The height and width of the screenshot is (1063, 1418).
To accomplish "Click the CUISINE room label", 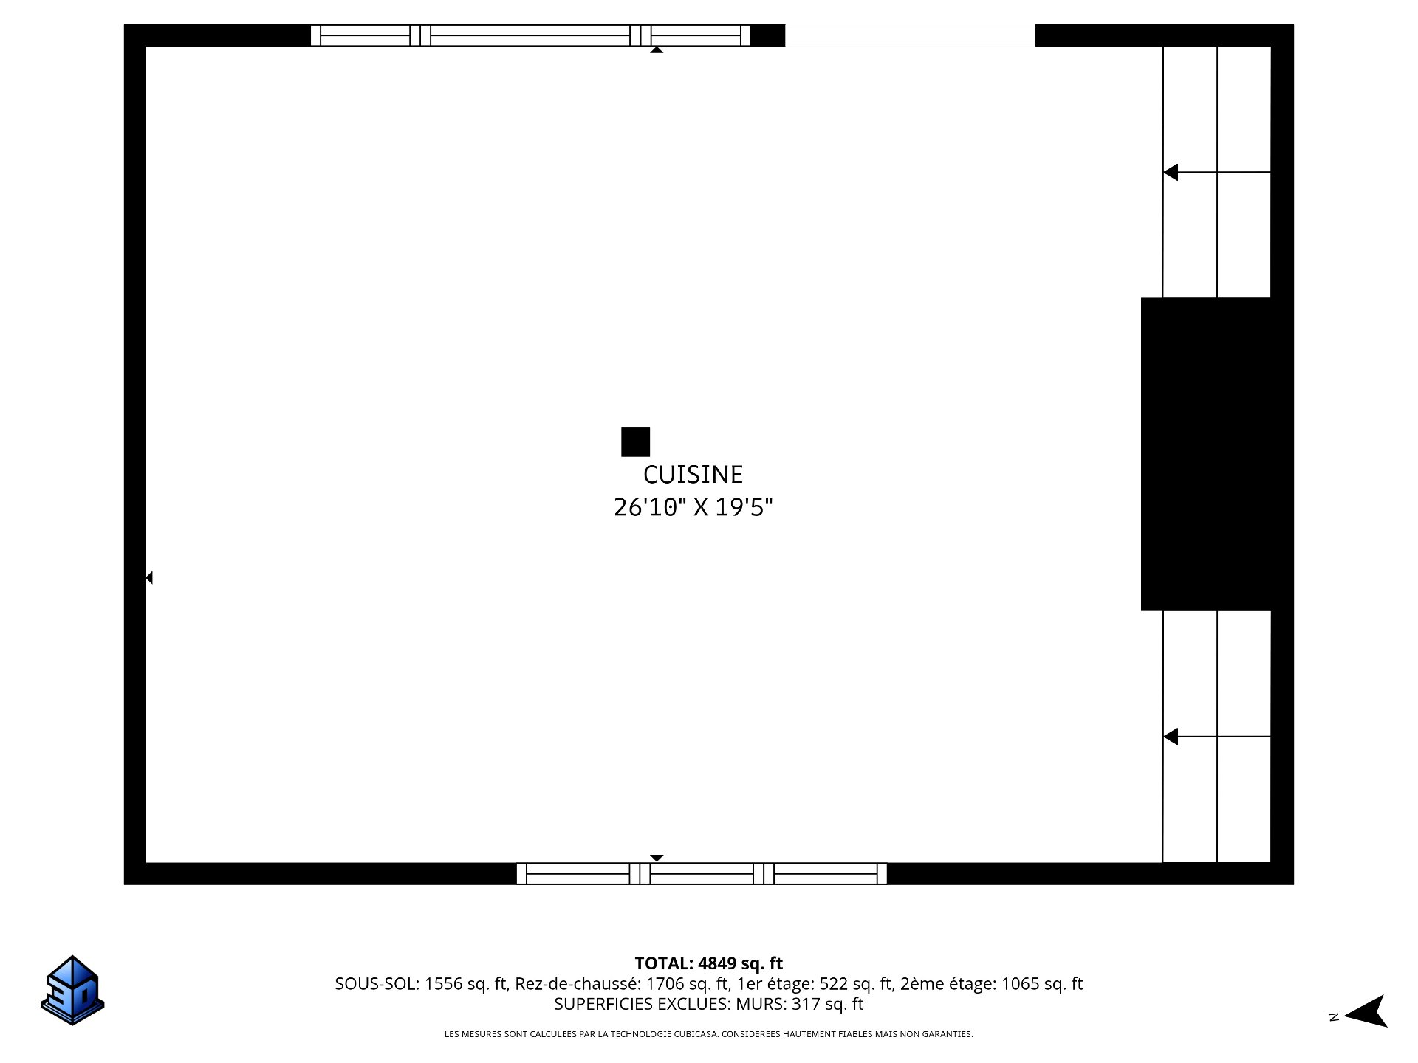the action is point(693,474).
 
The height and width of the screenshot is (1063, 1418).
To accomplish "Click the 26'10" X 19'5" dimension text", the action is point(693,507).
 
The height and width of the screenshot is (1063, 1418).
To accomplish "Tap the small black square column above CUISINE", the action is point(635,442).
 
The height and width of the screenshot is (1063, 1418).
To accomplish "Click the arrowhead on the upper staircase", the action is point(1171,172).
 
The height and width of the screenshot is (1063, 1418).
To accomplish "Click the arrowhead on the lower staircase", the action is point(1171,737).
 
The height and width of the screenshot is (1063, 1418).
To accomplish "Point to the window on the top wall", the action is point(530,35).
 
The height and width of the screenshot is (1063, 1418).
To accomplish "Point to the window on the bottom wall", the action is point(702,873).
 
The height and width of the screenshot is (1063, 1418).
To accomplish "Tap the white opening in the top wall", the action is point(910,35).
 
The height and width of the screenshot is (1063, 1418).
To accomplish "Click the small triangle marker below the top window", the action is point(656,49).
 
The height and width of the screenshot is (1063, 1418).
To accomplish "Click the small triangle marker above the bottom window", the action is point(657,858).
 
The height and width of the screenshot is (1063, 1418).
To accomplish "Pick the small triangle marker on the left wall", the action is point(149,577).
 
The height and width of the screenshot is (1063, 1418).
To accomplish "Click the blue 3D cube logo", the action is point(72,990).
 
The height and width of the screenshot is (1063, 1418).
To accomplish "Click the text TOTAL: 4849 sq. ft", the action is point(709,963).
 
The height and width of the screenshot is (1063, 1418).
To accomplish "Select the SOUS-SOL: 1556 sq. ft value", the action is point(420,984).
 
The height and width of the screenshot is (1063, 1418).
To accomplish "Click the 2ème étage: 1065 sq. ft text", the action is point(992,984).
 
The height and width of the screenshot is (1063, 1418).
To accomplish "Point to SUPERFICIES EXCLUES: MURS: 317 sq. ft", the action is point(709,1004).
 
